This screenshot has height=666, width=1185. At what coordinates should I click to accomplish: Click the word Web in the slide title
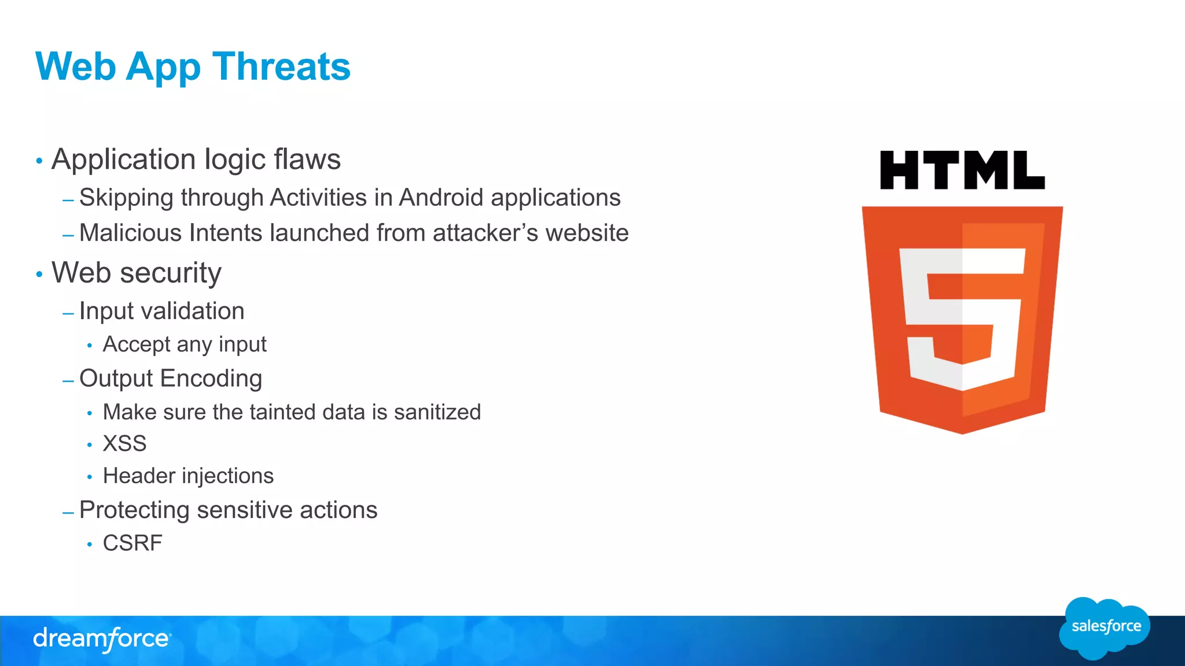[x=76, y=66]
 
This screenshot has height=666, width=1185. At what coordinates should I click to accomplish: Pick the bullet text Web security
[x=137, y=273]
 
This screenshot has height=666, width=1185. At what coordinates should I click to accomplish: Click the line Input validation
[x=161, y=311]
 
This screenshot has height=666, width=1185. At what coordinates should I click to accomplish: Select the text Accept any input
[x=185, y=345]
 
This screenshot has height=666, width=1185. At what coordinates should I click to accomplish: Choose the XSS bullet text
[x=124, y=444]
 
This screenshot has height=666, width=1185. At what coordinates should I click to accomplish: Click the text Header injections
[x=188, y=476]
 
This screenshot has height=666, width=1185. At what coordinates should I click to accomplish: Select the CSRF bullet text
[x=133, y=543]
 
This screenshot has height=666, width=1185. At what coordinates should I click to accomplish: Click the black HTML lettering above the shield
[x=962, y=171]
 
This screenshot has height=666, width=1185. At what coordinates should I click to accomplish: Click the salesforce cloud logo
[x=1105, y=628]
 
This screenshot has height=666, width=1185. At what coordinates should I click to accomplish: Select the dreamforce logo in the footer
[x=102, y=639]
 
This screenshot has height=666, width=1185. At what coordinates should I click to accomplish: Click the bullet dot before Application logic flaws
[x=39, y=161]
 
